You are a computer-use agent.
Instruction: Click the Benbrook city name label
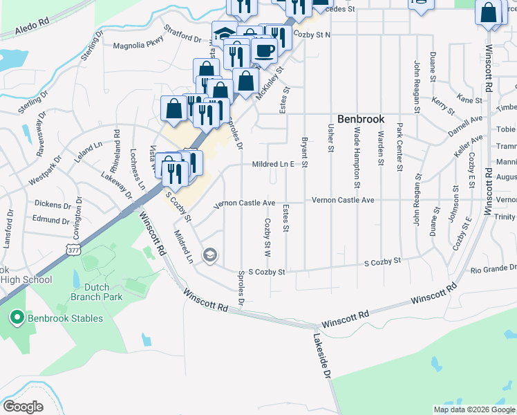click(x=360, y=119)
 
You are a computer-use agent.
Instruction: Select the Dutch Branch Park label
click(x=96, y=291)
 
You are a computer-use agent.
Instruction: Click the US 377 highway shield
click(x=74, y=249)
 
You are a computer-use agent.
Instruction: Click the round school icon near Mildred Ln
click(x=209, y=256)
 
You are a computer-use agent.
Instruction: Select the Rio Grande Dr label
click(x=493, y=268)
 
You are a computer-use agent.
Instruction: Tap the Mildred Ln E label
click(x=274, y=164)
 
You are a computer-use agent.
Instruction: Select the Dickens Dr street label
click(x=54, y=205)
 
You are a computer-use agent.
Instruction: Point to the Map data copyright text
click(x=474, y=409)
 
